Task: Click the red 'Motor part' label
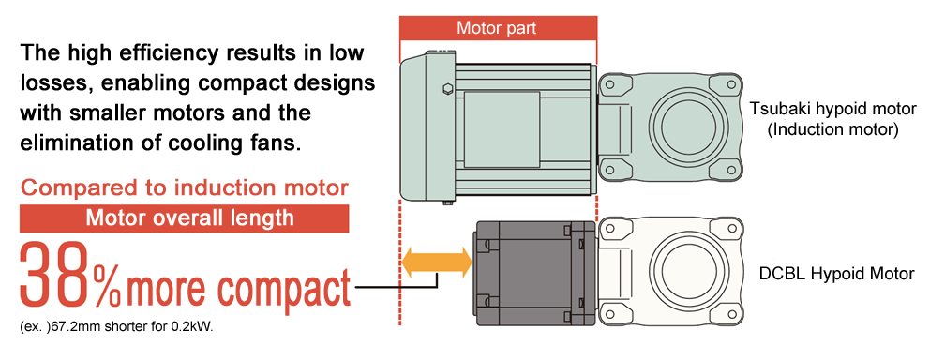pyautogui.click(x=499, y=28)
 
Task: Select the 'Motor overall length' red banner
pyautogui.click(x=185, y=217)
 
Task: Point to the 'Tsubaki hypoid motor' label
pyautogui.click(x=832, y=109)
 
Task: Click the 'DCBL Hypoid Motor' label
pyautogui.click(x=836, y=275)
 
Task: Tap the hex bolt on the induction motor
pyautogui.click(x=447, y=90)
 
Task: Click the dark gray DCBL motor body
pyautogui.click(x=533, y=273)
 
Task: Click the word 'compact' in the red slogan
pyautogui.click(x=283, y=289)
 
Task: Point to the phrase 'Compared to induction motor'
pyautogui.click(x=185, y=188)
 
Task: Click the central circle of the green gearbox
pyautogui.click(x=690, y=126)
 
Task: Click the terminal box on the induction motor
pyautogui.click(x=502, y=129)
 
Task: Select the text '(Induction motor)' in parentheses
pyautogui.click(x=832, y=129)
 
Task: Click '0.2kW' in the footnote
pyautogui.click(x=197, y=327)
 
